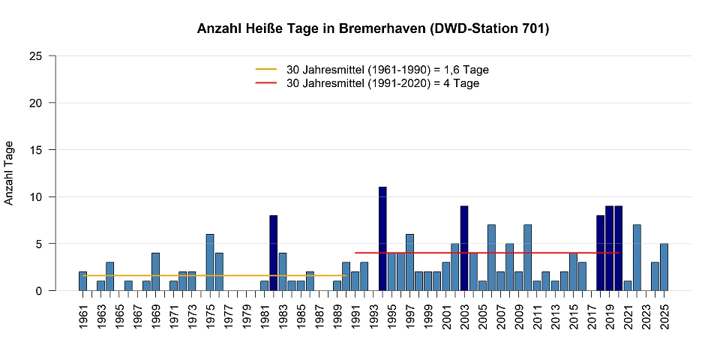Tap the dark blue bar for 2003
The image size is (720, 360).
click(464, 248)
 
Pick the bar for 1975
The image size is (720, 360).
click(210, 262)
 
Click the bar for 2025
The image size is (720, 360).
click(664, 267)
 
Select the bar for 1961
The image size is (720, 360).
click(82, 281)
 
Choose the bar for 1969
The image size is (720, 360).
click(155, 271)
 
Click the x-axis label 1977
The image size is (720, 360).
click(228, 316)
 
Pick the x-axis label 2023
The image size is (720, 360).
click(646, 316)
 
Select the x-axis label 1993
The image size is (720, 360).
click(373, 316)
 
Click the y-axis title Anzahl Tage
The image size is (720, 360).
click(9, 172)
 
